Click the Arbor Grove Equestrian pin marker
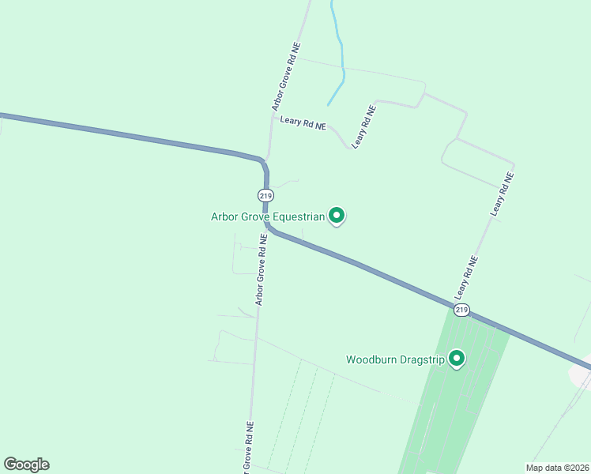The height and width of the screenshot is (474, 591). pos(337,215)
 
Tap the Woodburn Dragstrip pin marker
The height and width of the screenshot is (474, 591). pos(456,359)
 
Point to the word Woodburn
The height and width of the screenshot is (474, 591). pos(373,360)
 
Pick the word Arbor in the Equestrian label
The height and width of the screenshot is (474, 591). pos(224,216)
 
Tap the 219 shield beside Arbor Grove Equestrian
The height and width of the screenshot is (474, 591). pos(265,195)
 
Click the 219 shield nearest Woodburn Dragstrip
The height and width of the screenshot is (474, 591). pos(462,310)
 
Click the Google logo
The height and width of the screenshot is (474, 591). pos(26,465)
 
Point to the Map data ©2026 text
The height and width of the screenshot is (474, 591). pos(556,467)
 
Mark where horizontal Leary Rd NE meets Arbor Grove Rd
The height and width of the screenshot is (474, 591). pos(272,118)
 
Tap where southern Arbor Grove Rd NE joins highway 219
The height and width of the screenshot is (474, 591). pos(266,227)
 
